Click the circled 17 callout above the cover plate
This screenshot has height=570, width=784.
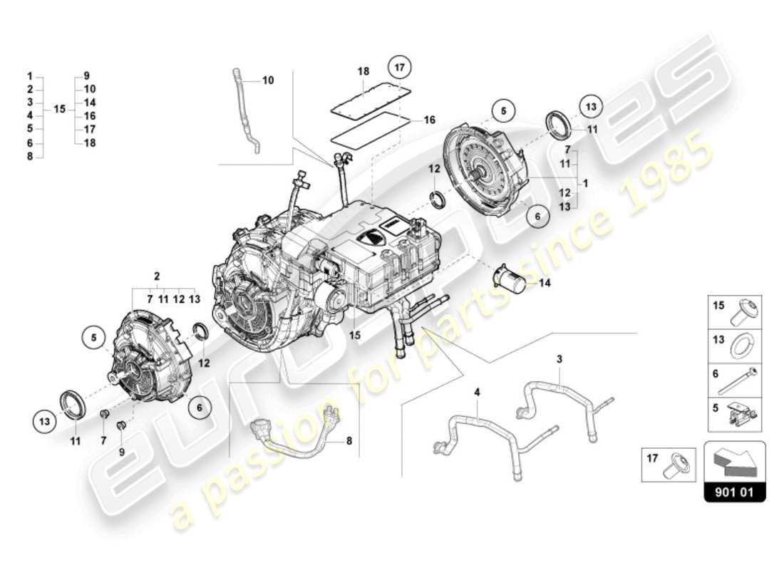click(400, 68)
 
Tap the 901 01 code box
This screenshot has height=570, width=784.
click(734, 492)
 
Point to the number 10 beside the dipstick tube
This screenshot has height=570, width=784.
click(268, 81)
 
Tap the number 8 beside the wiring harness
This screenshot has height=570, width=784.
click(349, 441)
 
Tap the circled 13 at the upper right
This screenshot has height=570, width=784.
click(590, 105)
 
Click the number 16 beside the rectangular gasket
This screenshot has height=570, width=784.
click(429, 120)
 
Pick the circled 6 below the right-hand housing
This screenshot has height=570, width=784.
click(538, 213)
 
